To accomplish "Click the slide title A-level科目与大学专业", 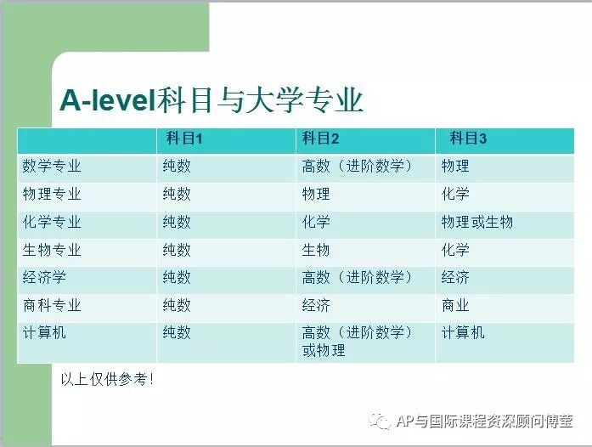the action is pyautogui.click(x=211, y=100).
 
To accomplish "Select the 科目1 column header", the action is pyautogui.click(x=184, y=139).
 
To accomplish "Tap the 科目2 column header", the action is pyautogui.click(x=320, y=139).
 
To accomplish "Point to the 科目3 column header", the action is pyautogui.click(x=468, y=139).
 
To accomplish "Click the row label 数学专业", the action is pyautogui.click(x=52, y=167).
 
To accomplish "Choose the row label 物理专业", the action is pyautogui.click(x=52, y=195).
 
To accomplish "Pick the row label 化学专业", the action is pyautogui.click(x=52, y=222).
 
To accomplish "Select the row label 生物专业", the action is pyautogui.click(x=52, y=250).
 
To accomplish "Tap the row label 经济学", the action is pyautogui.click(x=44, y=278).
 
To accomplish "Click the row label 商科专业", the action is pyautogui.click(x=52, y=305).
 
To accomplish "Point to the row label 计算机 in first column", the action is pyautogui.click(x=44, y=333).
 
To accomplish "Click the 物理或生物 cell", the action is pyautogui.click(x=477, y=222).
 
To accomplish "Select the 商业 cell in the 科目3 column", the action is pyautogui.click(x=455, y=305).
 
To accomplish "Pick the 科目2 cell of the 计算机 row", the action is pyautogui.click(x=358, y=342).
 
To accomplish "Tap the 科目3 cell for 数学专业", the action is pyautogui.click(x=455, y=167).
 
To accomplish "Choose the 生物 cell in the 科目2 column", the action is pyautogui.click(x=316, y=250).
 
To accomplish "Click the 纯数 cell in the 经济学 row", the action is pyautogui.click(x=177, y=278).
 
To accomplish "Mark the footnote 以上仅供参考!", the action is pyautogui.click(x=107, y=379).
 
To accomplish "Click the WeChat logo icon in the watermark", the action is pyautogui.click(x=379, y=421).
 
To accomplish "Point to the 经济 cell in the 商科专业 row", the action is pyautogui.click(x=316, y=305).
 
